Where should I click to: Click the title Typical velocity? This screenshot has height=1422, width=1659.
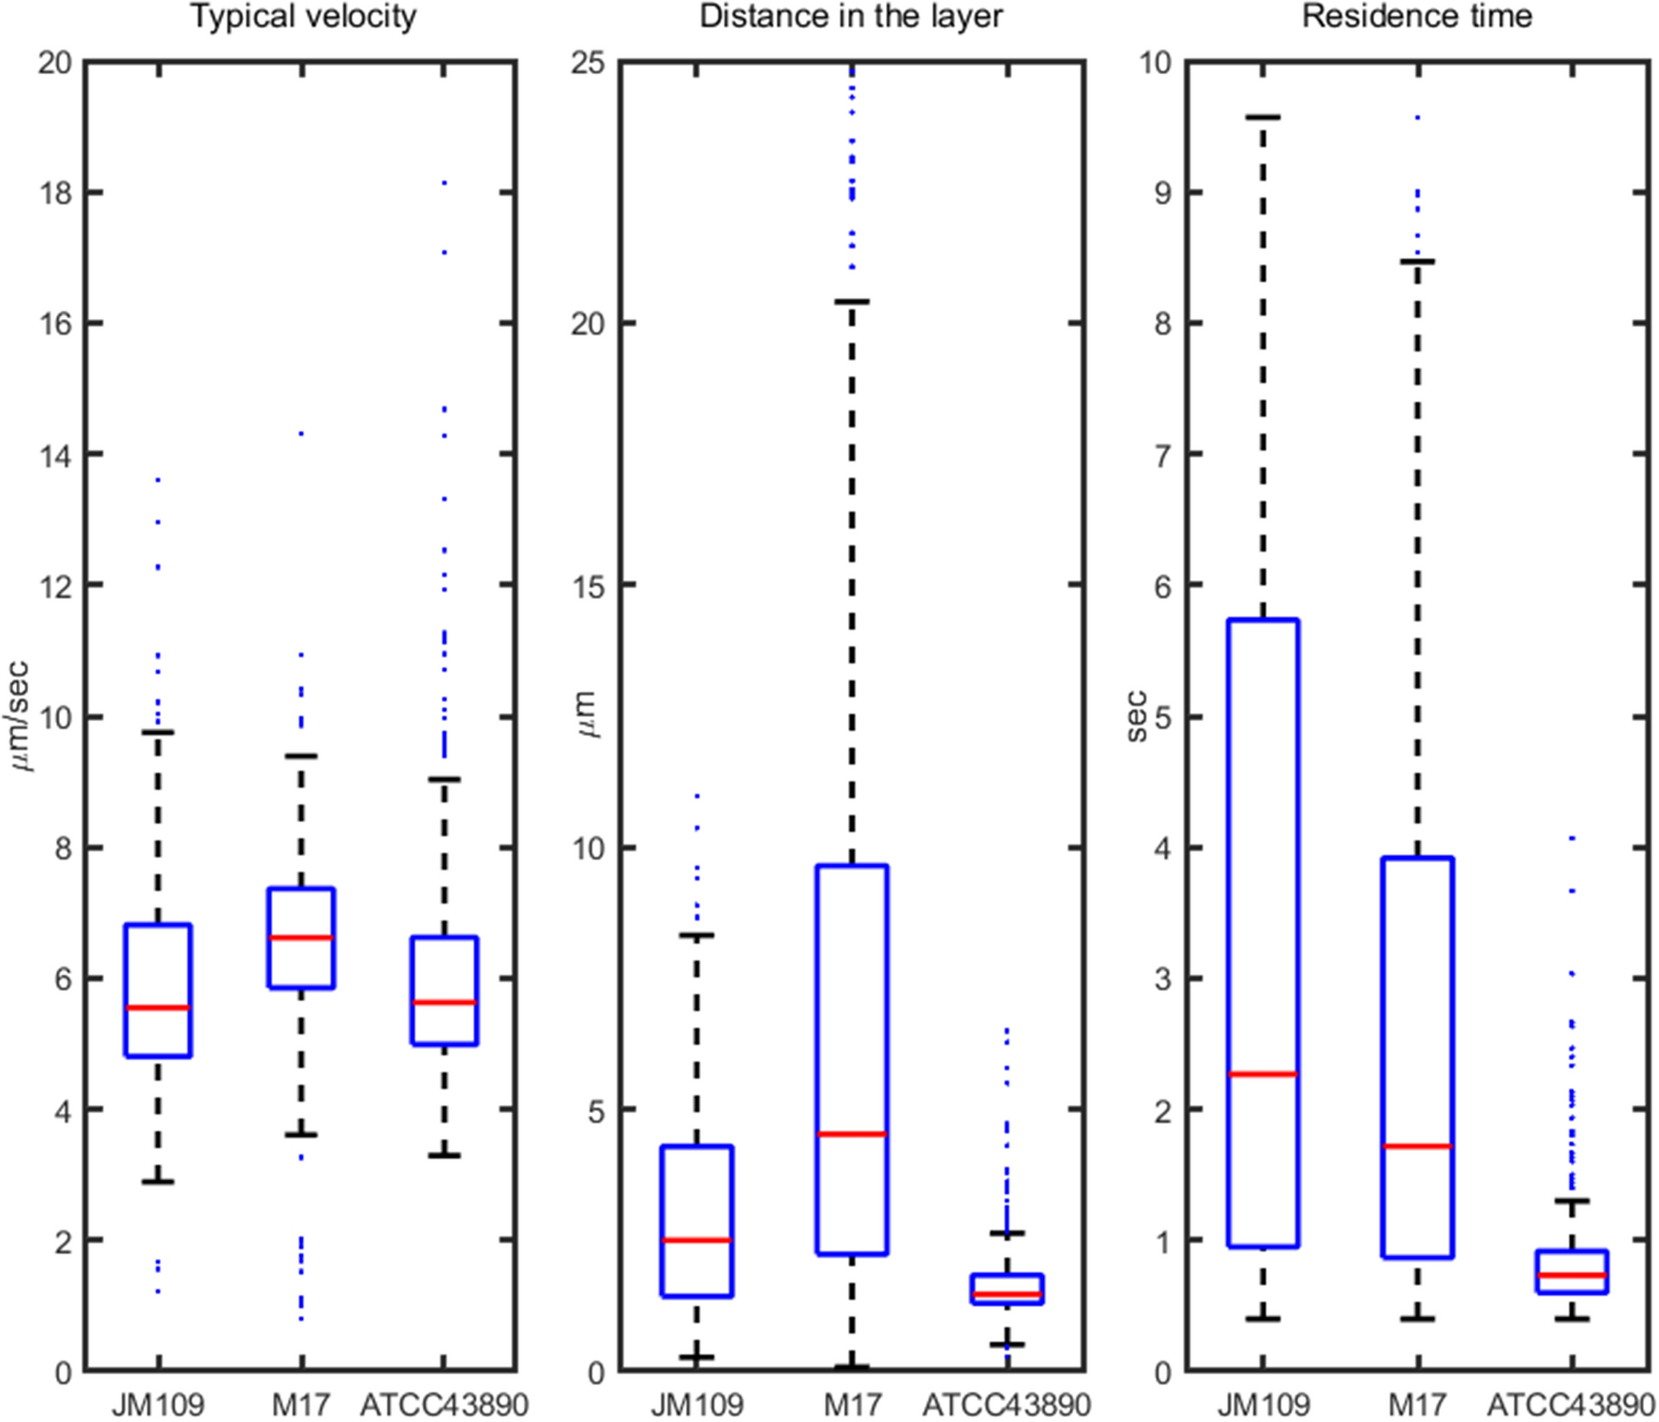304,17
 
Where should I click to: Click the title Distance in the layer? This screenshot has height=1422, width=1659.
851,17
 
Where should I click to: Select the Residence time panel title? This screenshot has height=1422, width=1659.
1416,17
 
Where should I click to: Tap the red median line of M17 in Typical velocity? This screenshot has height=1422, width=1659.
301,937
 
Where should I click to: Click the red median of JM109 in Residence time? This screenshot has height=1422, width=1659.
1263,1074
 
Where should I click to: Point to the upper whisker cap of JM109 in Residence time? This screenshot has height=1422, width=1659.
1263,117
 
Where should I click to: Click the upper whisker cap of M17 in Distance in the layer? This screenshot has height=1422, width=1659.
851,302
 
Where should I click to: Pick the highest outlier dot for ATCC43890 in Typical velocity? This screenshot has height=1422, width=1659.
444,183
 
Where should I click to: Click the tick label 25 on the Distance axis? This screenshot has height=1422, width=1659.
589,63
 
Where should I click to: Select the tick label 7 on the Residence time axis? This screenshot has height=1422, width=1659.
1162,456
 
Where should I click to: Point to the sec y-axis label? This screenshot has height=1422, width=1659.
1136,717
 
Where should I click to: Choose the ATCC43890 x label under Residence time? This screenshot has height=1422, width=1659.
1571,1405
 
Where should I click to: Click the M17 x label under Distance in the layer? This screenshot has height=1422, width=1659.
852,1405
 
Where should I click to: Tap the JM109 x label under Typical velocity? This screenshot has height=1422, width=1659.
157,1405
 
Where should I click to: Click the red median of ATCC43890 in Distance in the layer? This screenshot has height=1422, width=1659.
1007,1295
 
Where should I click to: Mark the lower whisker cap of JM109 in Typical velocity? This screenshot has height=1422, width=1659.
157,1182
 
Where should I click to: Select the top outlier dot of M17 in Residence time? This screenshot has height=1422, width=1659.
1417,118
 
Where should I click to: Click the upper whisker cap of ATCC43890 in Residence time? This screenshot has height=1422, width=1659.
1572,1201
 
